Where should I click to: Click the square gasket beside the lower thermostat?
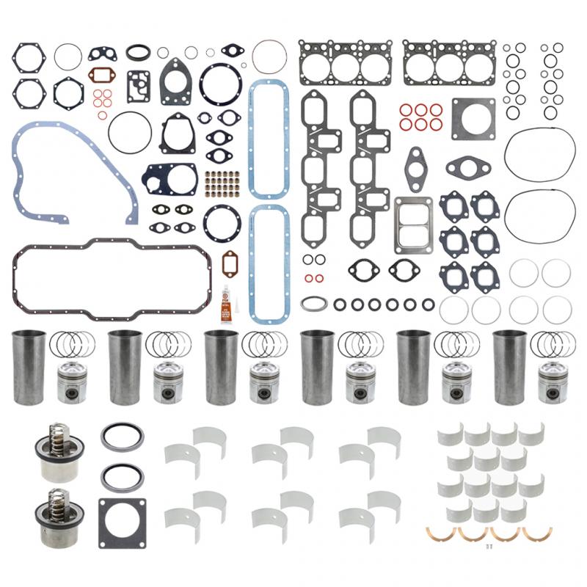pyautogui.click(x=122, y=522)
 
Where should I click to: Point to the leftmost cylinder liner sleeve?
pyautogui.click(x=29, y=366)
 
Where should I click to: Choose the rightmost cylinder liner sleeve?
pyautogui.click(x=510, y=366)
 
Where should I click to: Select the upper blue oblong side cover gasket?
pyautogui.click(x=268, y=139)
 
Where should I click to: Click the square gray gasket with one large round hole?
pyautogui.click(x=473, y=117)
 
